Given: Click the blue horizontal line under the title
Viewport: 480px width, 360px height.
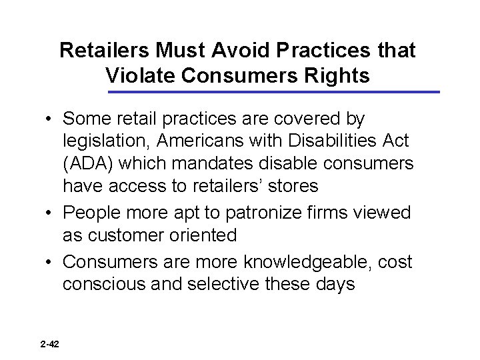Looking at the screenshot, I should pos(273,91).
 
